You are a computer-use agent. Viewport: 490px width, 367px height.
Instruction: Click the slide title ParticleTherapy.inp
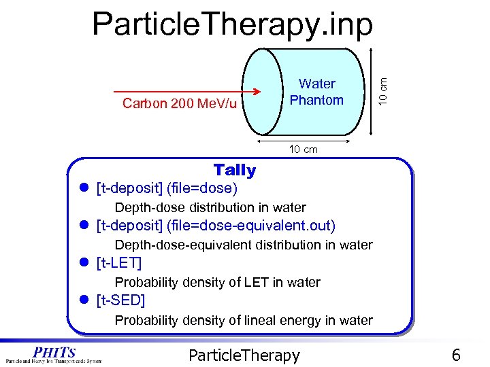pos(233,24)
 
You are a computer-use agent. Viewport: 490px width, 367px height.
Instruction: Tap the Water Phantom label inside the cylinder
pos(316,92)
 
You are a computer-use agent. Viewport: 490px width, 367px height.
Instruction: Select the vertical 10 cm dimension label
pos(384,90)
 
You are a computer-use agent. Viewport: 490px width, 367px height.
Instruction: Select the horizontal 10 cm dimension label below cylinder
pos(304,149)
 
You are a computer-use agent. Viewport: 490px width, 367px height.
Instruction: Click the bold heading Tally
pos(234,170)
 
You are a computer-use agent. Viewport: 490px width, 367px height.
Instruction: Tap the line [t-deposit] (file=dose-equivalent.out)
pos(216,225)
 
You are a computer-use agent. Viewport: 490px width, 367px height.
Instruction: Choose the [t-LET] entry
pos(119,262)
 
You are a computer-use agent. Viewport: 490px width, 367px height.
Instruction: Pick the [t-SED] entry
pos(121,300)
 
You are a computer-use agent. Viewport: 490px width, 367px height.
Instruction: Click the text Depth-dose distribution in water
pos(210,207)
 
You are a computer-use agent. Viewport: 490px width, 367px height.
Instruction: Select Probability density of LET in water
pos(217,282)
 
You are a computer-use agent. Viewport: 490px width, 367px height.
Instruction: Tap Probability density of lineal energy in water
pos(244,319)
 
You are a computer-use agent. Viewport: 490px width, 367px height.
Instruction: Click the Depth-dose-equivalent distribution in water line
pos(244,245)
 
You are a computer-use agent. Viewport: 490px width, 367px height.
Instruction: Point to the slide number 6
pos(456,355)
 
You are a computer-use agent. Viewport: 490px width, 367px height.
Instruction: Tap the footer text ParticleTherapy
pos(243,355)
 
